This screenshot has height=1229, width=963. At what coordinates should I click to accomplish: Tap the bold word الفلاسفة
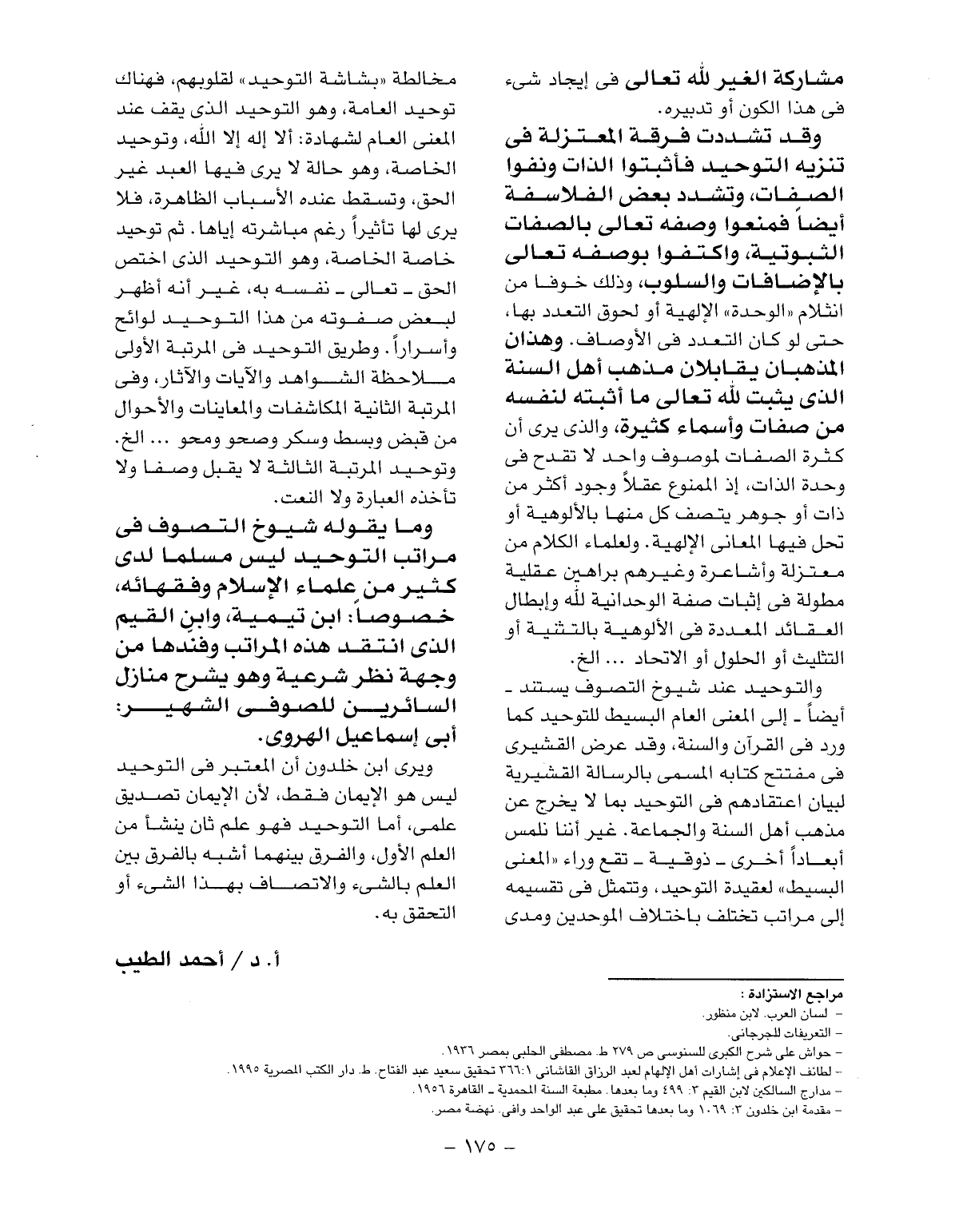coord(787,195)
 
